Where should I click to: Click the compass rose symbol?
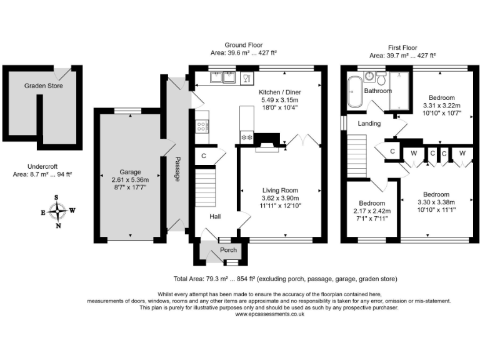click(57, 211)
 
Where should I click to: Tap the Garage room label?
click(130, 172)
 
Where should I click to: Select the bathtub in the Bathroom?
click(355, 92)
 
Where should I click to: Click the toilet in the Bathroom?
click(381, 78)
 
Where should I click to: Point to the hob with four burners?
click(202, 126)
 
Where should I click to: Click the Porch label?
click(228, 250)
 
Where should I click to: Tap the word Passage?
click(177, 169)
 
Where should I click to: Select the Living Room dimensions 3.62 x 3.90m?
click(280, 198)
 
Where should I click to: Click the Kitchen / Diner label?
click(280, 92)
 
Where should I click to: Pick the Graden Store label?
click(44, 86)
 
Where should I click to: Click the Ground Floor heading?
click(244, 45)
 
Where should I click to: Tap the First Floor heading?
click(402, 47)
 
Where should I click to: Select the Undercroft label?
click(42, 166)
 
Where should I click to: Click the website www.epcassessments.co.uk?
click(270, 314)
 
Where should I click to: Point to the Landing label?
click(369, 123)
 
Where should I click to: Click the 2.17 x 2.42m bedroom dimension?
click(372, 211)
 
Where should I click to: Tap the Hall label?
click(215, 216)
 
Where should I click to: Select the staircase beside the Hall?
click(206, 187)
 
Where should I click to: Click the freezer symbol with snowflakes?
click(247, 137)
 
